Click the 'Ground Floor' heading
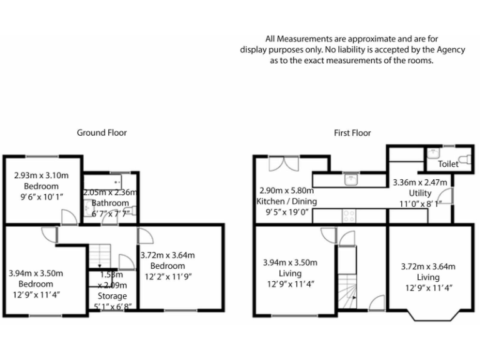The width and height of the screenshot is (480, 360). point(102,132)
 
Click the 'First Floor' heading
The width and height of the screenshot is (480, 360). point(352,132)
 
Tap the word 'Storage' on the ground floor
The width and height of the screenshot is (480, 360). point(112,296)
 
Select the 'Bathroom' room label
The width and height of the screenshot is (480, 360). point(110,203)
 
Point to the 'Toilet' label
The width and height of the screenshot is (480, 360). point(448,164)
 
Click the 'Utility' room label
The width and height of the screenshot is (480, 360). point(420,193)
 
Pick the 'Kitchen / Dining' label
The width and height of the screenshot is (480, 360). point(287,201)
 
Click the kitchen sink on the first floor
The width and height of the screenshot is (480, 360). point(351,179)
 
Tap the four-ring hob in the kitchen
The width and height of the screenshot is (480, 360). point(349,216)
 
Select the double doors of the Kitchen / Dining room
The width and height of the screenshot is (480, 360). point(283,163)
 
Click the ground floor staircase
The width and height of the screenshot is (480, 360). point(99,255)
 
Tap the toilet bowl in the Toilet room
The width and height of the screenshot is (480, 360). point(464,159)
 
